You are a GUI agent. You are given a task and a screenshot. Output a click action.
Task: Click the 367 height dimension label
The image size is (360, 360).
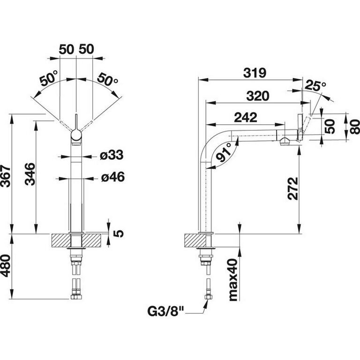(6, 176)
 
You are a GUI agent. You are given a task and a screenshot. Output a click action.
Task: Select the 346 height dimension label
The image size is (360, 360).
(30, 174)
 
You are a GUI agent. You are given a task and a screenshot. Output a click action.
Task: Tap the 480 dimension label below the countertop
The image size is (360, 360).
(6, 265)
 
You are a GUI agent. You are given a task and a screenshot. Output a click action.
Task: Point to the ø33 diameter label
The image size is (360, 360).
(112, 155)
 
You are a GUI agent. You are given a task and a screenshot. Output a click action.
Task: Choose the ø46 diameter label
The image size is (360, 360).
(113, 177)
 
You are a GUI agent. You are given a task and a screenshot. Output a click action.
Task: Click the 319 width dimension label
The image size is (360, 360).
(255, 73)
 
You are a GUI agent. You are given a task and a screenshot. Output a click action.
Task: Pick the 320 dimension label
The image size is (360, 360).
(258, 96)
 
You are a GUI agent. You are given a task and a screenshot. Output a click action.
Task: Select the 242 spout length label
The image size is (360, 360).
(246, 117)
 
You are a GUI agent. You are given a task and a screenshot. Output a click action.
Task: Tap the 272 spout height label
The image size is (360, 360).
(293, 188)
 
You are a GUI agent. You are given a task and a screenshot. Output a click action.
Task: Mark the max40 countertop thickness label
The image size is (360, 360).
(233, 280)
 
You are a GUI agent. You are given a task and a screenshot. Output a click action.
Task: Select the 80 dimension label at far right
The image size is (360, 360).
(355, 127)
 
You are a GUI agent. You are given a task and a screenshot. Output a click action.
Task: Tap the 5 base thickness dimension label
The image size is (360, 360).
(119, 233)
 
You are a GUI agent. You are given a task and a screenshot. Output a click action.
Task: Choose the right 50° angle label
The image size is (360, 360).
(108, 79)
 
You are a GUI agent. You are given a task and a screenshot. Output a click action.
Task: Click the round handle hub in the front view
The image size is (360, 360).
(76, 135)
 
